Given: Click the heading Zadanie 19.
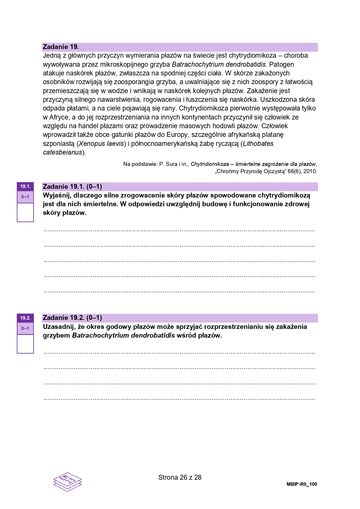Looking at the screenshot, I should point(61,47).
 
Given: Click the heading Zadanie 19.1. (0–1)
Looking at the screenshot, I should point(72,187).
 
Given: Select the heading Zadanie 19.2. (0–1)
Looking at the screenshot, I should point(72,318).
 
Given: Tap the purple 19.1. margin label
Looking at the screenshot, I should point(25,186).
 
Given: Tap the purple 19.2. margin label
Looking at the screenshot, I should point(25,318).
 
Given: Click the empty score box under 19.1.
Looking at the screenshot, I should point(25,212).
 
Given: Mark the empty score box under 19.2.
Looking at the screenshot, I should point(25,344).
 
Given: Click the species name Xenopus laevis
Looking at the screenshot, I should point(101,144).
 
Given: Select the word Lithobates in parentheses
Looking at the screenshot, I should point(258,144).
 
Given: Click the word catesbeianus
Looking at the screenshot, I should point(63,153).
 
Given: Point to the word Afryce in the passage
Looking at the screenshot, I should point(59,117).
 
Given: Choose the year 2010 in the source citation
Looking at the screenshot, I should point(310,171).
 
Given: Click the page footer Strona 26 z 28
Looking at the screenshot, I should point(180,477).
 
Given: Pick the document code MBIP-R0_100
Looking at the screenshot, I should point(302,484).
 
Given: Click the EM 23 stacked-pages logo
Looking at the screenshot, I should point(67,481).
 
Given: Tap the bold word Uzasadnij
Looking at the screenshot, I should point(58,327).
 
